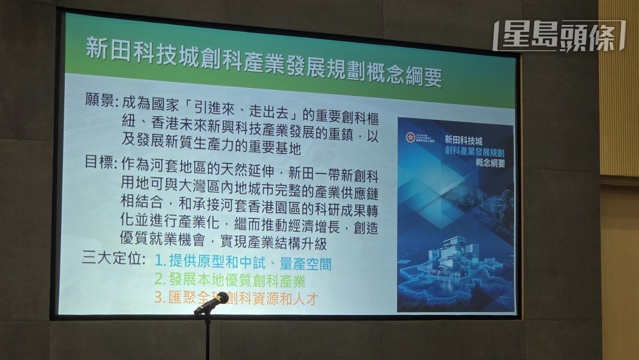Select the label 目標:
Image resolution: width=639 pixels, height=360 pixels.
(100, 165)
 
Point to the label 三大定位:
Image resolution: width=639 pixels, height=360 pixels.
(114, 258)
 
